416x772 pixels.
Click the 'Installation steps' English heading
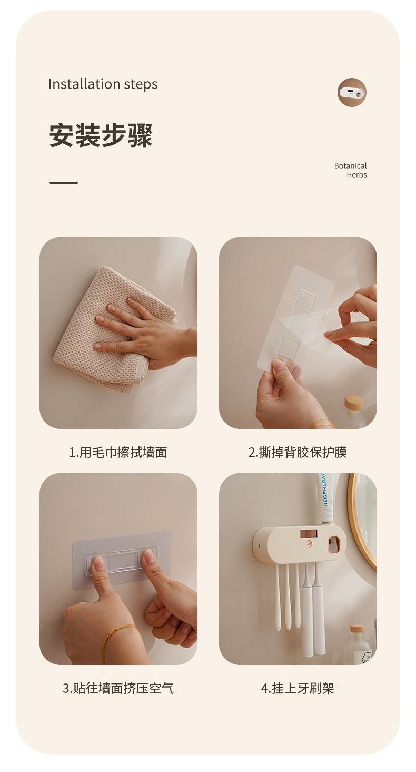[103, 84]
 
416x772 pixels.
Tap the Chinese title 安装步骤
[101, 135]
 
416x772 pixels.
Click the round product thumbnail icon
[352, 92]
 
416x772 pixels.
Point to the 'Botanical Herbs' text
[350, 170]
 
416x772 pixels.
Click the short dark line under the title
[63, 183]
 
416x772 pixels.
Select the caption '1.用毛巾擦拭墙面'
[118, 453]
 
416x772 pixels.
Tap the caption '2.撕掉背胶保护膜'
[298, 453]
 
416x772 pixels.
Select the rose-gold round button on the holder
[309, 544]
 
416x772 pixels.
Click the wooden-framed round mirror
[362, 521]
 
